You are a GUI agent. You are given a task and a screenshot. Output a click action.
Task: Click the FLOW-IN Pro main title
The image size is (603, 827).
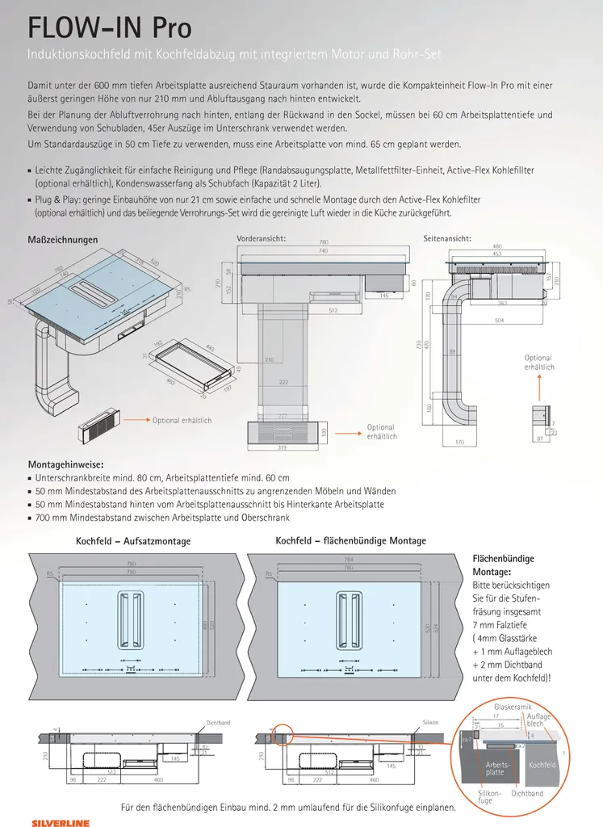point(110,28)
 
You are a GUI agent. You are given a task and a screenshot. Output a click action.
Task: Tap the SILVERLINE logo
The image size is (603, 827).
point(55,818)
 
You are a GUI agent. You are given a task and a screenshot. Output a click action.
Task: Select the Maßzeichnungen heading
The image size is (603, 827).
point(63,240)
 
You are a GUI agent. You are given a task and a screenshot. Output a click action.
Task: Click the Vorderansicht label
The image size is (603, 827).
point(262,239)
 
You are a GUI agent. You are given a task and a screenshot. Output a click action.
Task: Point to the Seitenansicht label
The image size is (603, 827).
point(447,239)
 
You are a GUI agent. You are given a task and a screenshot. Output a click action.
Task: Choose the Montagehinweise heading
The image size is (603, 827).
point(65,465)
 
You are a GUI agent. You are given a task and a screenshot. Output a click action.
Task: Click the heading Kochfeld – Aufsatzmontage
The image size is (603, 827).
point(133,541)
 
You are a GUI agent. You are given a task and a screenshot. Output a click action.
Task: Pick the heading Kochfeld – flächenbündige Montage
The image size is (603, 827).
point(351,540)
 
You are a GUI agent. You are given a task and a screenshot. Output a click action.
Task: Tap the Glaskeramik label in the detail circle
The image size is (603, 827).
point(510,707)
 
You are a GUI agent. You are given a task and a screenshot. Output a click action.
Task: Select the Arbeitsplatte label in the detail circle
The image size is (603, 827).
point(498,768)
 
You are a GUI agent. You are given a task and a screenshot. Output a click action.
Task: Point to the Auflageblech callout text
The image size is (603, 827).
point(538,720)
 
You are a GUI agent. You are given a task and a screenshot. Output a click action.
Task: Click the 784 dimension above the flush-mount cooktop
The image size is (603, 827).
point(349,559)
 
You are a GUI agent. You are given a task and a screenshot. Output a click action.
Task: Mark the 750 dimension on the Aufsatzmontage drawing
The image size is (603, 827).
point(130,573)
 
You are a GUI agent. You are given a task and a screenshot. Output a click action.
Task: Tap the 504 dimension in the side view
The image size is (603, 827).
point(500,321)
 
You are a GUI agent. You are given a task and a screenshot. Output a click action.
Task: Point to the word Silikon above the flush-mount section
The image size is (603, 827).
point(430,722)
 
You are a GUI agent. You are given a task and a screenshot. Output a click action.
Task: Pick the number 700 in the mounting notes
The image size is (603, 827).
point(43,517)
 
